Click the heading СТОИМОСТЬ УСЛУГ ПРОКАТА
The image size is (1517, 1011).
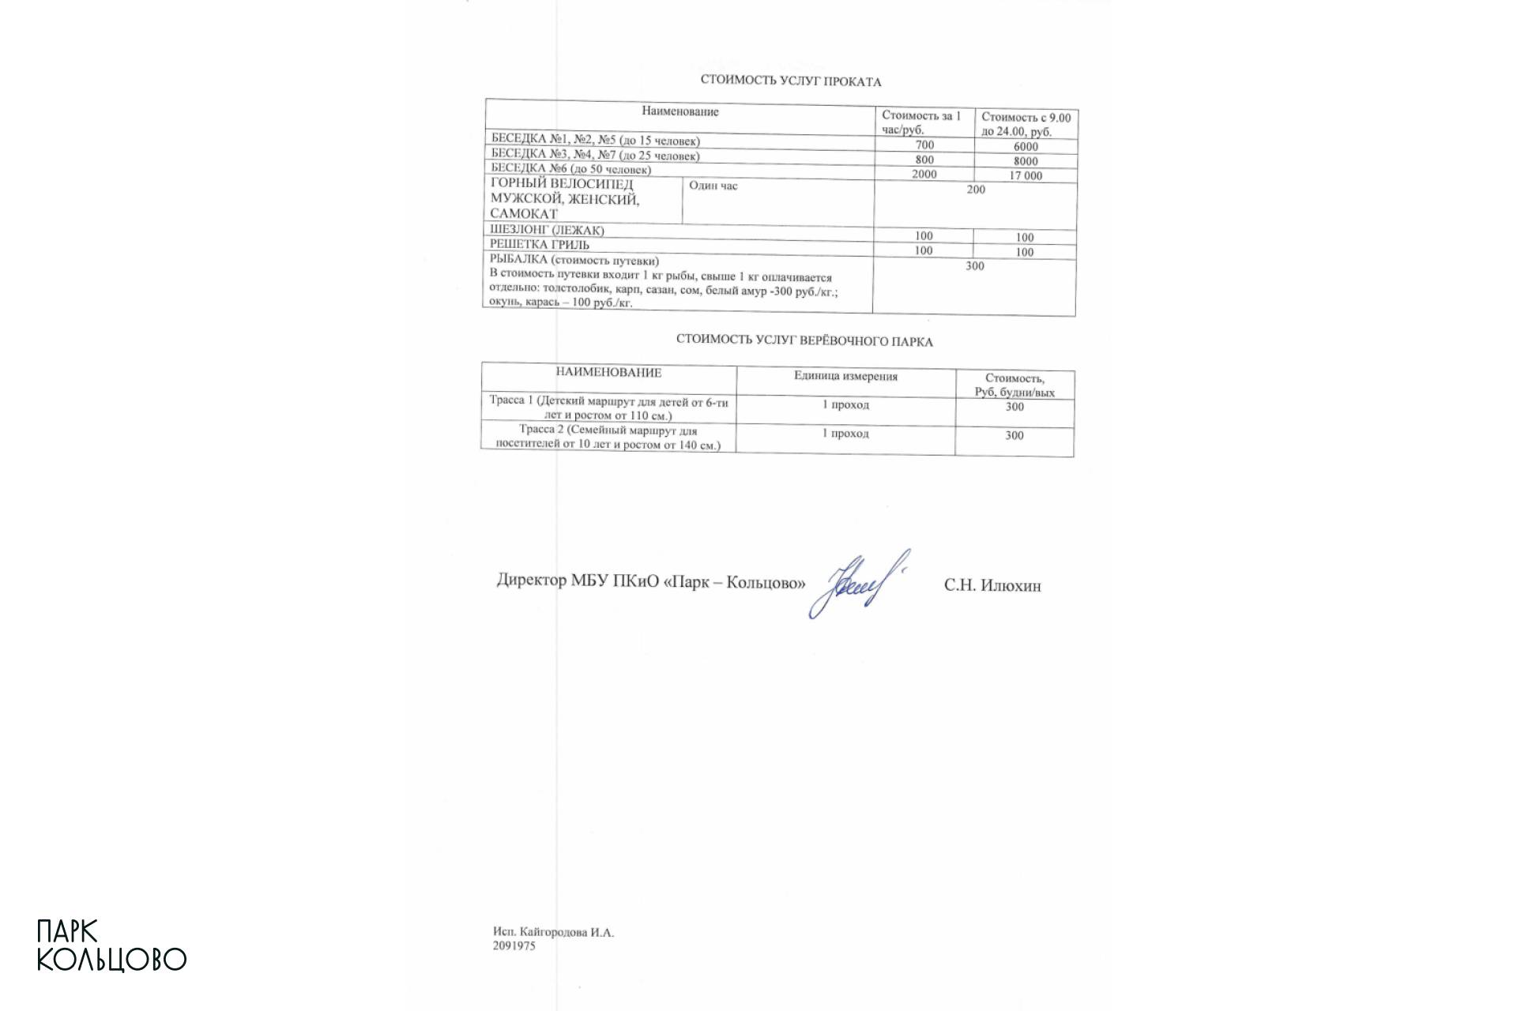click(x=790, y=81)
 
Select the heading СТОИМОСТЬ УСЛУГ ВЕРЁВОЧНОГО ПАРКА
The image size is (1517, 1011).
click(x=804, y=341)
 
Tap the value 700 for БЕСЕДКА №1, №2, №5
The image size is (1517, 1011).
click(x=924, y=145)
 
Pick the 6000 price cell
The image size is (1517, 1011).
click(x=1026, y=147)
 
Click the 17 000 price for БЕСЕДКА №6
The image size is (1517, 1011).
click(x=1026, y=176)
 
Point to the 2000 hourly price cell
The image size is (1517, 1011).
click(x=924, y=175)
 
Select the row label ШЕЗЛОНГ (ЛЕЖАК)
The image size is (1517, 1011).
click(x=547, y=231)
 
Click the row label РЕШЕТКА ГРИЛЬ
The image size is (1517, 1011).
click(x=540, y=245)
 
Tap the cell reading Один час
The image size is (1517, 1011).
click(x=713, y=186)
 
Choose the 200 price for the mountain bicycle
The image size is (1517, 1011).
click(x=976, y=190)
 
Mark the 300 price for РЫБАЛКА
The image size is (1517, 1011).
click(x=975, y=266)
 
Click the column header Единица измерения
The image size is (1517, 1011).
click(x=845, y=376)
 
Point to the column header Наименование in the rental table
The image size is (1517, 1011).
click(x=680, y=112)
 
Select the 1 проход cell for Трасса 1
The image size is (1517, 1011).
click(x=845, y=405)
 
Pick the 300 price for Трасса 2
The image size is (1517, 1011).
click(x=1014, y=435)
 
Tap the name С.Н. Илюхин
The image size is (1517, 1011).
click(x=992, y=586)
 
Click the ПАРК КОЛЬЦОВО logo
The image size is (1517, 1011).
click(x=111, y=946)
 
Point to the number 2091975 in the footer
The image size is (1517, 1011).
click(x=514, y=945)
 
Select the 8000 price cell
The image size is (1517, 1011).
click(x=1026, y=161)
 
